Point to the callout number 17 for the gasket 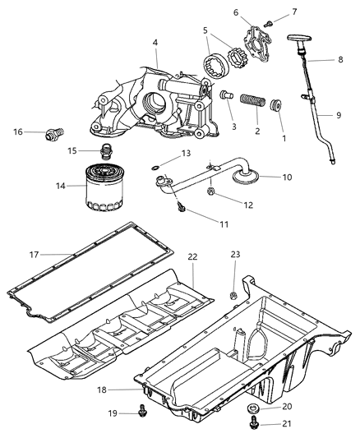(x=35, y=254)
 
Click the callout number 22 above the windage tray (x=192, y=256)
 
